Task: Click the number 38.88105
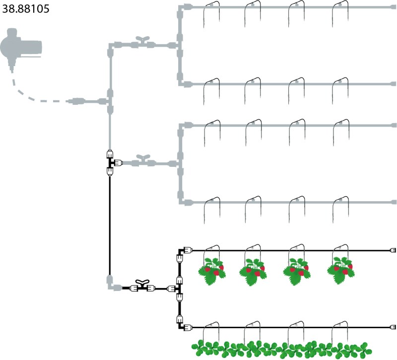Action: [x=26, y=9]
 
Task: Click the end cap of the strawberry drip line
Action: [x=393, y=250]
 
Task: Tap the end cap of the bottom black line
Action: [x=393, y=327]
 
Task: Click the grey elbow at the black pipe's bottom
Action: [x=111, y=285]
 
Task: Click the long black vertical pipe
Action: [x=109, y=223]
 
